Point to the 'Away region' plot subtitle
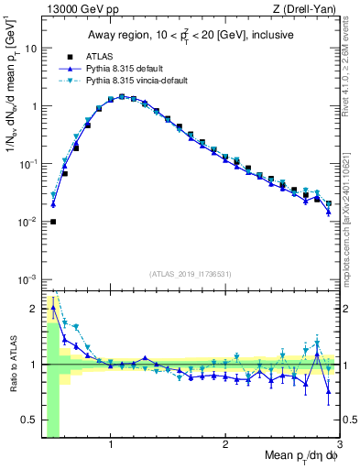pyautogui.click(x=190, y=36)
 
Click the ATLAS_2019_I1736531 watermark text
pyautogui.click(x=190, y=273)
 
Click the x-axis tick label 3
pyautogui.click(x=339, y=445)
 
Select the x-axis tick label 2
pyautogui.click(x=225, y=445)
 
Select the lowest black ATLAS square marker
pyautogui.click(x=53, y=222)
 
